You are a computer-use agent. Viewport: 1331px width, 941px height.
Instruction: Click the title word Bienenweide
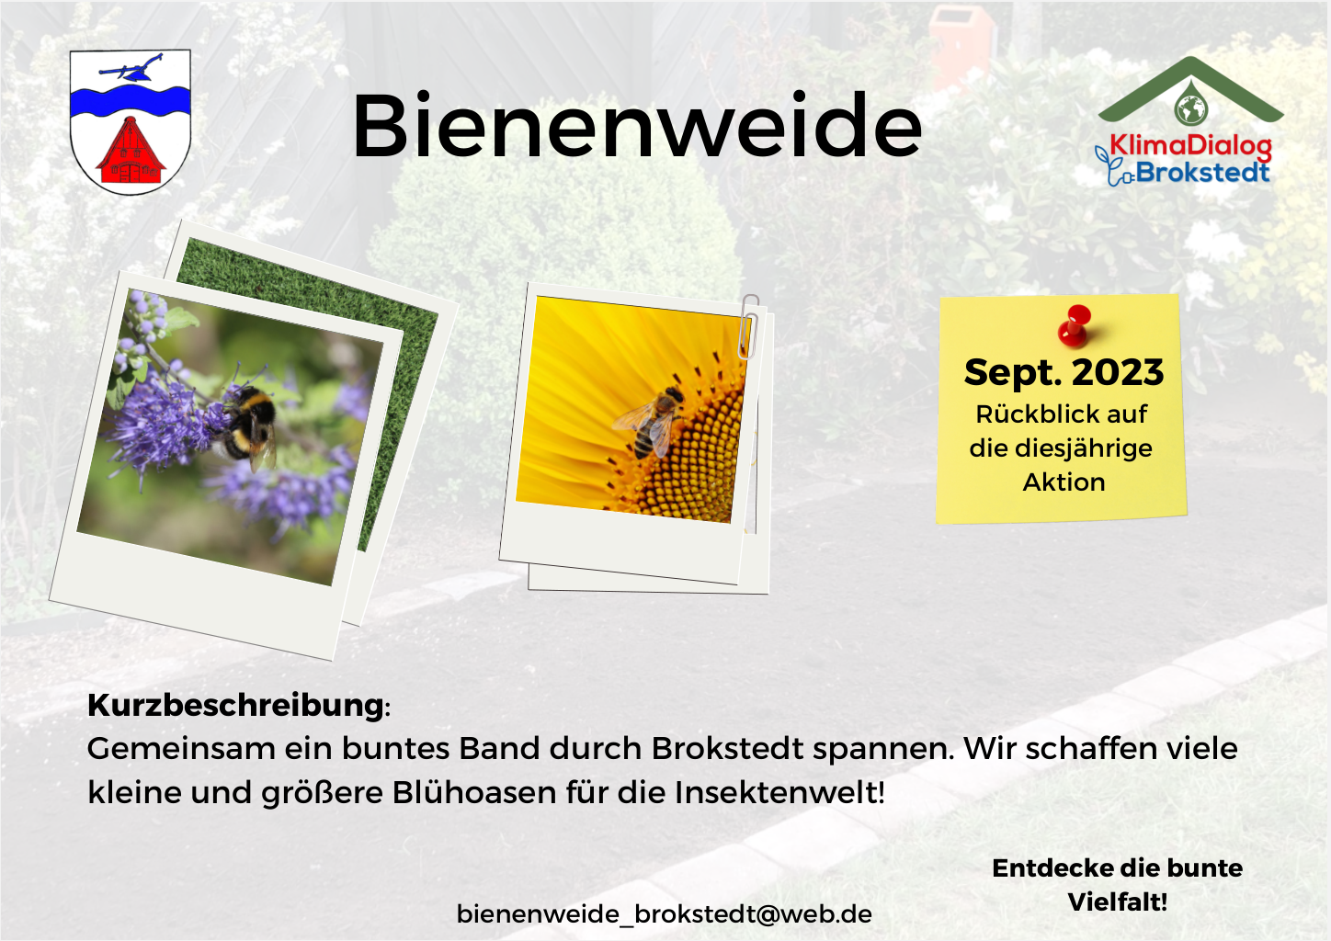click(636, 125)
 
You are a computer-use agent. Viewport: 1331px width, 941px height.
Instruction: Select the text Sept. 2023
click(1064, 372)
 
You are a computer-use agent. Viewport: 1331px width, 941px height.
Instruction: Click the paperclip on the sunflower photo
click(748, 326)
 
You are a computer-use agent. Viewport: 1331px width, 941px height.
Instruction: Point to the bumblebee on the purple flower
click(246, 425)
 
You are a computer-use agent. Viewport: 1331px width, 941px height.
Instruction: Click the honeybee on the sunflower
click(651, 421)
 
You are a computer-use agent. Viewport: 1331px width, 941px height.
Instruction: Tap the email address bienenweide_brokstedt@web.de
click(665, 913)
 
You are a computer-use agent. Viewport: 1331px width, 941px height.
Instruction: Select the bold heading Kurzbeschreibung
click(235, 705)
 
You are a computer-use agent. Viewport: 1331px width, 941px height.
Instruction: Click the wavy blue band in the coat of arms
click(131, 102)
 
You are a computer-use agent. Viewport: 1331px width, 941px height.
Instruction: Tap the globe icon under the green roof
click(1190, 108)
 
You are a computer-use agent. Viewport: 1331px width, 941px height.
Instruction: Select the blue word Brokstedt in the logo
click(1202, 172)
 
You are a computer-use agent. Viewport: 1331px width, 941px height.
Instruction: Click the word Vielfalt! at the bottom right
click(1118, 901)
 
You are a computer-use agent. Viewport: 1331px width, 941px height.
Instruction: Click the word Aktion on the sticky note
click(1064, 482)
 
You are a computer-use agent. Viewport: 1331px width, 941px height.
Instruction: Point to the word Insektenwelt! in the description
click(779, 792)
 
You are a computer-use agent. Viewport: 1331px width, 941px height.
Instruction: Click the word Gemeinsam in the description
click(181, 748)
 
